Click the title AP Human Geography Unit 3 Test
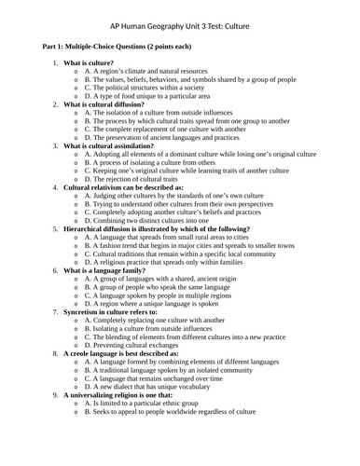(179, 28)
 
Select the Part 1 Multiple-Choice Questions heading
(117, 46)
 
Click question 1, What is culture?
(99, 62)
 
